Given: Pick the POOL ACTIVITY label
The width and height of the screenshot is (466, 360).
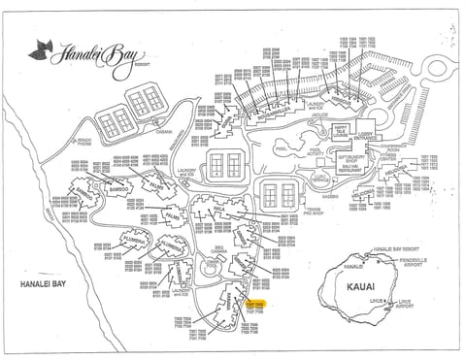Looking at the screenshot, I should click(x=287, y=152).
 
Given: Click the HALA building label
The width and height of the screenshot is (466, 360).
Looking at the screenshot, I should click(x=221, y=206).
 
